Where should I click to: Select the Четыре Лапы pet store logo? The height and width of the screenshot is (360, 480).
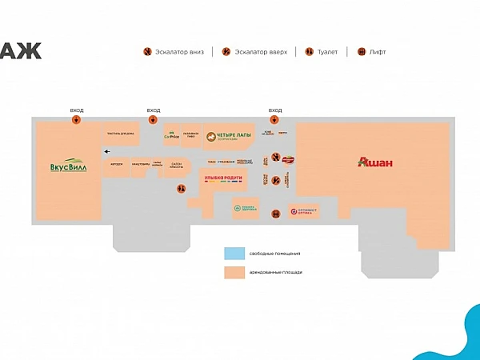coord(230,137)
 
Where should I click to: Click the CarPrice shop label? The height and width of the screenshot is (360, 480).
coord(171,135)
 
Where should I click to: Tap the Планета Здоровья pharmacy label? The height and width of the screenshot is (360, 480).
coord(243,209)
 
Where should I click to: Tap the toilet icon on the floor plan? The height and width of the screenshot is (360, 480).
coord(275,181)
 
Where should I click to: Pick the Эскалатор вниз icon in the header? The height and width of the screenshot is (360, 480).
coord(148,52)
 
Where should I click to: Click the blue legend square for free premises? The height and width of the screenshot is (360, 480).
coord(234,253)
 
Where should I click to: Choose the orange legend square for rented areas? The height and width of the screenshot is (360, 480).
coord(234,272)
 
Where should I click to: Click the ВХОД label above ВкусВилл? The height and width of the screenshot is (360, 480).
coord(76,110)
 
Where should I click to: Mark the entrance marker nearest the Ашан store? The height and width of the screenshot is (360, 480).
coord(275,121)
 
